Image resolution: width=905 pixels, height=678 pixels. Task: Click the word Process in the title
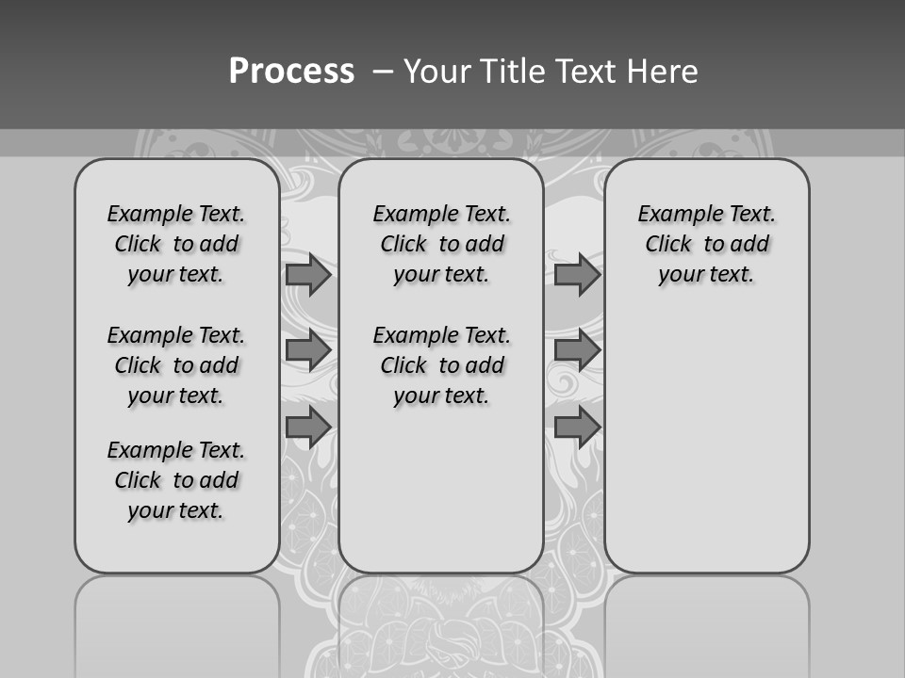[291, 72]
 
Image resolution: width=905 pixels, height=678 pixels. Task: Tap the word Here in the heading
[661, 72]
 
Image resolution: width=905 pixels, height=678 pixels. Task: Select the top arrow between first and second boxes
[308, 275]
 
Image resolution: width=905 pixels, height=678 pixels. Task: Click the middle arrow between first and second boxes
[308, 350]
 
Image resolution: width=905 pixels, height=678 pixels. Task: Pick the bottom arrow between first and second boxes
[308, 427]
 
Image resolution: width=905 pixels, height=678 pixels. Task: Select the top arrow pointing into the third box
[577, 275]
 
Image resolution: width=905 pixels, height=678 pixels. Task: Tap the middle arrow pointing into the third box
[577, 350]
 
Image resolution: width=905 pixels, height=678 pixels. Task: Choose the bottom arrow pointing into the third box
[577, 427]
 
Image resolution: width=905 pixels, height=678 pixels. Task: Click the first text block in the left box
[176, 244]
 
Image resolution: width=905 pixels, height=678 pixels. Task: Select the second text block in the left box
[176, 365]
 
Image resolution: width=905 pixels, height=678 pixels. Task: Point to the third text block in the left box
[176, 480]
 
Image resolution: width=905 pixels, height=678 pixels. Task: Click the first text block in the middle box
[441, 244]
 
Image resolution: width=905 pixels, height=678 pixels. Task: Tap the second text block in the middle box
[441, 365]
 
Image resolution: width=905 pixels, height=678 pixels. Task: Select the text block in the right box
[707, 244]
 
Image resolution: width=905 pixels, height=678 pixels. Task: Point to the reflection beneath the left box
[177, 621]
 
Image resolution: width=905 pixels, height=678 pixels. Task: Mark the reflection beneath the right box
[707, 621]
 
